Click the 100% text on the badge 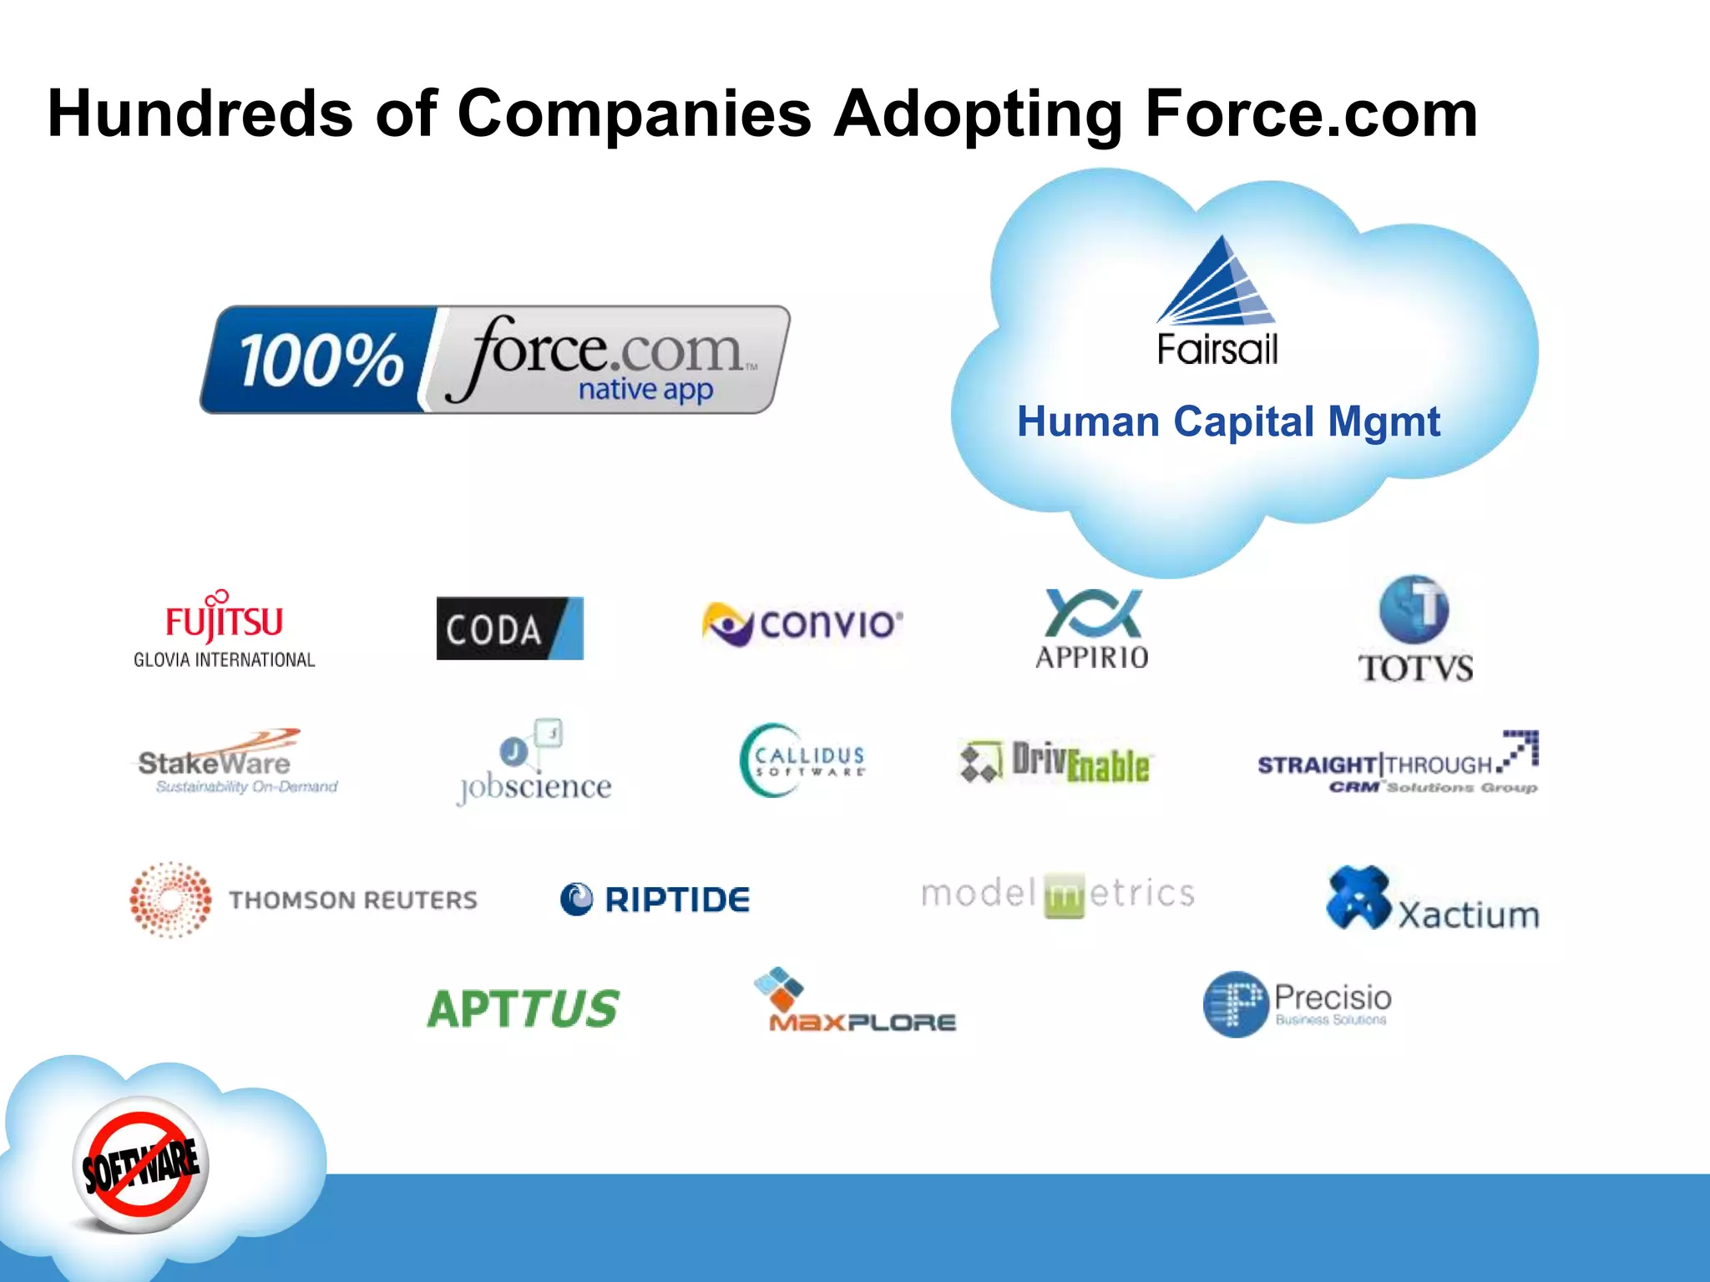click(321, 361)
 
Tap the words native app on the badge click(645, 389)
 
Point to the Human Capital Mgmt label click(1228, 421)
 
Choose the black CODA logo click(509, 628)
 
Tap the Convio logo click(802, 623)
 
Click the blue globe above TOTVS click(1414, 608)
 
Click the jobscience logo click(534, 764)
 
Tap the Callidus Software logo click(802, 760)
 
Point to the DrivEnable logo click(1055, 761)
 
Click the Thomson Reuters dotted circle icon click(170, 900)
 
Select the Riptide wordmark click(676, 900)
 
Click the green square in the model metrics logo click(1064, 896)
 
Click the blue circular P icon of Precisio click(1236, 1004)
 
